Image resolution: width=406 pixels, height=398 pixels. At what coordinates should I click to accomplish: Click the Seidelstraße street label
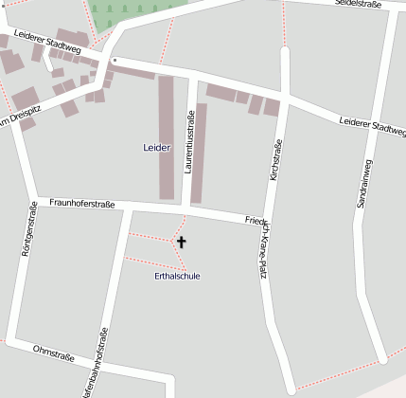click(358, 5)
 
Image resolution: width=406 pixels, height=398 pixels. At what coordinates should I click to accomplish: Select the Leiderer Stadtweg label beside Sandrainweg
click(371, 125)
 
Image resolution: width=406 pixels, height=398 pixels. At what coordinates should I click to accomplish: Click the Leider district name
click(156, 148)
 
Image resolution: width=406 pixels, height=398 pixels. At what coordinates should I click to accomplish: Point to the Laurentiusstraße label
click(190, 140)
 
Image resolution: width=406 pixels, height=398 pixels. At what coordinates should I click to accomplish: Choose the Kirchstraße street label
click(276, 162)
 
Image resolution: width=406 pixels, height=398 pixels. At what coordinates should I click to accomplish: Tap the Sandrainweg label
click(365, 183)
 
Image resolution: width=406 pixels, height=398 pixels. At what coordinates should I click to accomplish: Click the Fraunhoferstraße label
click(82, 203)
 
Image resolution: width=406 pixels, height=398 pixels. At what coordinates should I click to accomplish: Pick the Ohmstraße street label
click(53, 352)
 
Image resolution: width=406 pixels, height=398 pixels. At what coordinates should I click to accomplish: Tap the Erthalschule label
click(177, 276)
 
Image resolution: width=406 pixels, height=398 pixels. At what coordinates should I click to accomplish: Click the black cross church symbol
click(182, 244)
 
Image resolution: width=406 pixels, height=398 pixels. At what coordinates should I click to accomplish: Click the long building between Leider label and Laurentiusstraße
click(166, 137)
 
